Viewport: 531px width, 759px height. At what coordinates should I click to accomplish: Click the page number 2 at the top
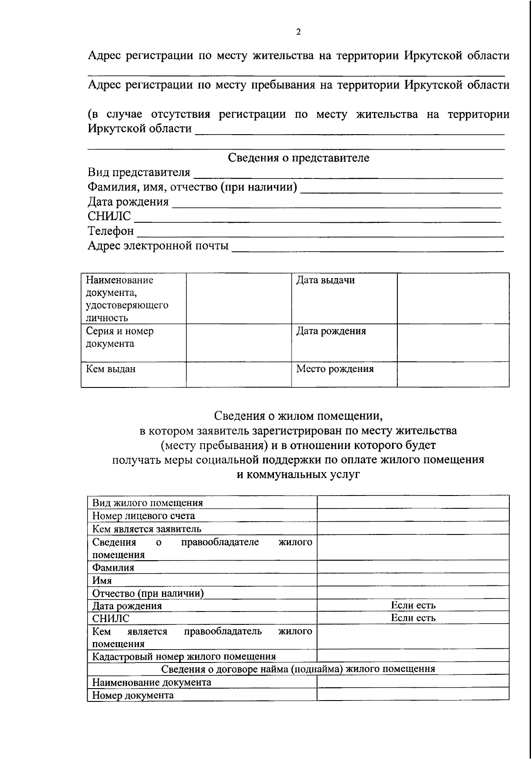298,32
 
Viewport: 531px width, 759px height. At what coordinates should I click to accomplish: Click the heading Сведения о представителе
298,158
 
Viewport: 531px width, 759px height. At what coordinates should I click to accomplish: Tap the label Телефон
111,231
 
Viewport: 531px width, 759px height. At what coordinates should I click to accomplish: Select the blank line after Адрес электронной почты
368,247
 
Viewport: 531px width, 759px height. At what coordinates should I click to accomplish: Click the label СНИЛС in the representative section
109,217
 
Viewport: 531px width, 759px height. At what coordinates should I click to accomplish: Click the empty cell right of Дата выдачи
453,298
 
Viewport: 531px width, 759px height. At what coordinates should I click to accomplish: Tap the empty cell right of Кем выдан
239,374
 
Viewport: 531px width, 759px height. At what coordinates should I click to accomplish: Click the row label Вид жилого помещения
147,503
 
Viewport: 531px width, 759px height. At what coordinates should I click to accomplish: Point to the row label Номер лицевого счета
143,516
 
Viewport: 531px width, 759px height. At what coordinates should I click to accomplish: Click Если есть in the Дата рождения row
413,605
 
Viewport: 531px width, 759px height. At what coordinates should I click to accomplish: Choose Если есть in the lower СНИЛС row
413,618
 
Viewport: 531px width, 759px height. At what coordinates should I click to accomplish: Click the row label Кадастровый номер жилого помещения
184,656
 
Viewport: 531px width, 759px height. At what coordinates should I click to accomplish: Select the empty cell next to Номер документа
413,695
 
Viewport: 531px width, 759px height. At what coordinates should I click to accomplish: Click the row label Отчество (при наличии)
148,593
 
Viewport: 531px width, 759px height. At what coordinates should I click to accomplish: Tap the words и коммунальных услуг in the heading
298,475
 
